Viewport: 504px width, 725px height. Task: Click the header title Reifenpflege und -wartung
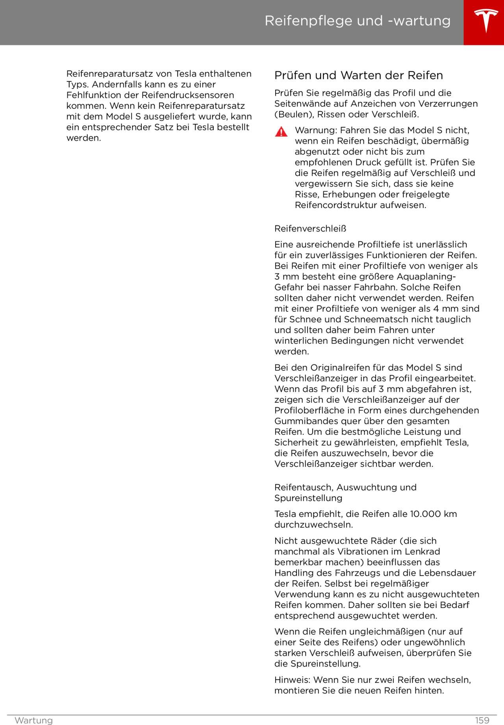(x=358, y=21)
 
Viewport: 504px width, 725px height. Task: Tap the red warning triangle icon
(x=281, y=132)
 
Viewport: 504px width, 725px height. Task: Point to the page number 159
(x=482, y=720)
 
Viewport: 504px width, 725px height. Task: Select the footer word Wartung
(x=33, y=720)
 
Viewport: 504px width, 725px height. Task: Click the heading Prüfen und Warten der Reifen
(x=358, y=75)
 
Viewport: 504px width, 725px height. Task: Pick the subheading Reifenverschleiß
(x=310, y=229)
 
